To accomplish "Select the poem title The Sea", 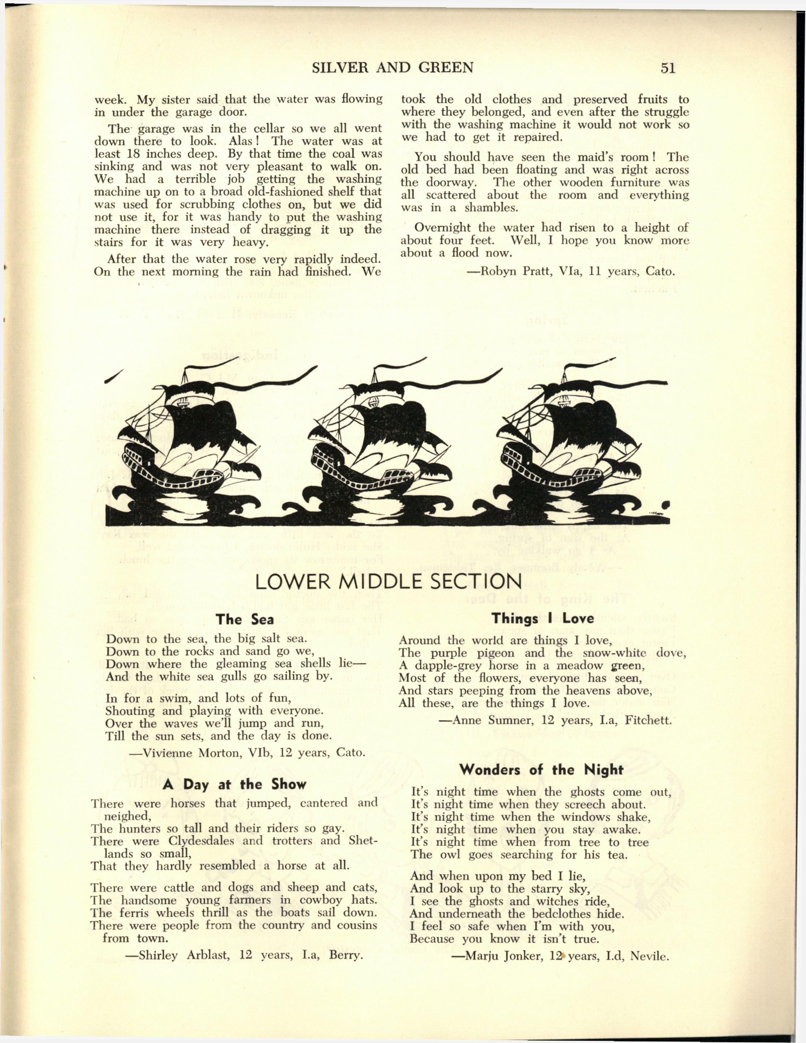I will tap(244, 620).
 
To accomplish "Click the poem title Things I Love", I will tap(543, 618).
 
